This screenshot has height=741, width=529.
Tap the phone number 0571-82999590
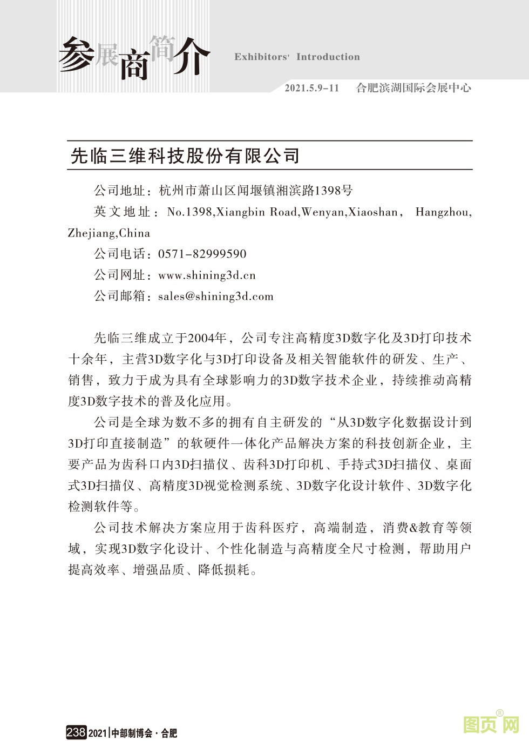[202, 254]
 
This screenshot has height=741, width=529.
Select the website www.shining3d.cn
[207, 275]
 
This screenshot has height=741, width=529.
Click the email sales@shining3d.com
[215, 296]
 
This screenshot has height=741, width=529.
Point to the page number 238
[76, 732]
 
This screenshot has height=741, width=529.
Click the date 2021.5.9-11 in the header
[312, 88]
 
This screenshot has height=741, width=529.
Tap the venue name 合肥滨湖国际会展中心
[413, 88]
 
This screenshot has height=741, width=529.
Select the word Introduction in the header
[328, 57]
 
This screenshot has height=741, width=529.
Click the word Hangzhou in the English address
[443, 212]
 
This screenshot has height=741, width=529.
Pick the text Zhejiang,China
[109, 233]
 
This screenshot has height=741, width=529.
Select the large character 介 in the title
[191, 56]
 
